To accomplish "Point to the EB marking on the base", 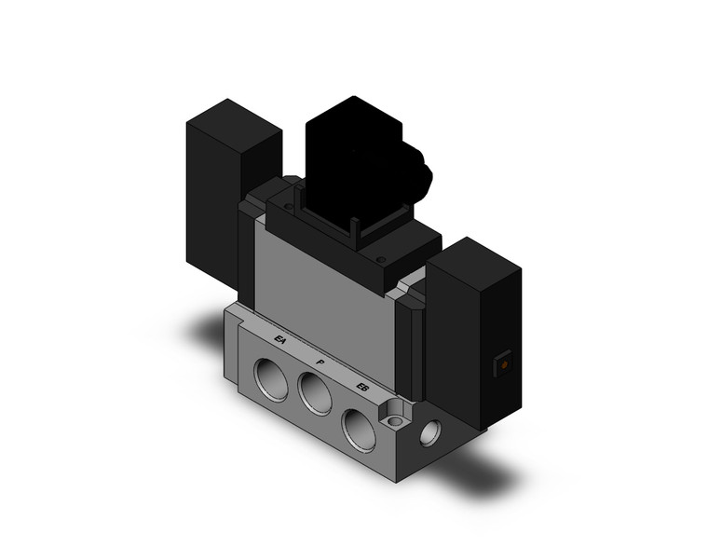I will pos(362,386).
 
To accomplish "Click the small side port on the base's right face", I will pos(430,431).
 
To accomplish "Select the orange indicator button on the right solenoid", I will pos(504,366).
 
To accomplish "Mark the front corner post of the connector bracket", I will pos(354,228).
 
